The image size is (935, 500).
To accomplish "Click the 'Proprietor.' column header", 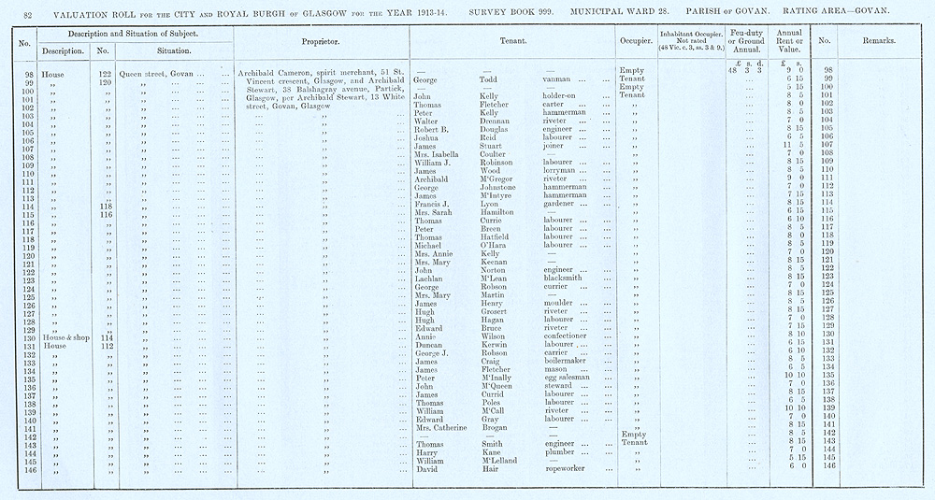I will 320,43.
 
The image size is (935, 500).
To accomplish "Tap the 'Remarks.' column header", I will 881,43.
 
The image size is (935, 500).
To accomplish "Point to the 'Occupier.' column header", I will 635,43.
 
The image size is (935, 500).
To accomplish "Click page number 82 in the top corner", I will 28,10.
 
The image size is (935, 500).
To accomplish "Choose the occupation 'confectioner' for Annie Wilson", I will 567,336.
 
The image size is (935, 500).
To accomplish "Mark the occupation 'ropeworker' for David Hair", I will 568,467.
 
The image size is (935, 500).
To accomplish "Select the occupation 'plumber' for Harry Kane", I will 557,450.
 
